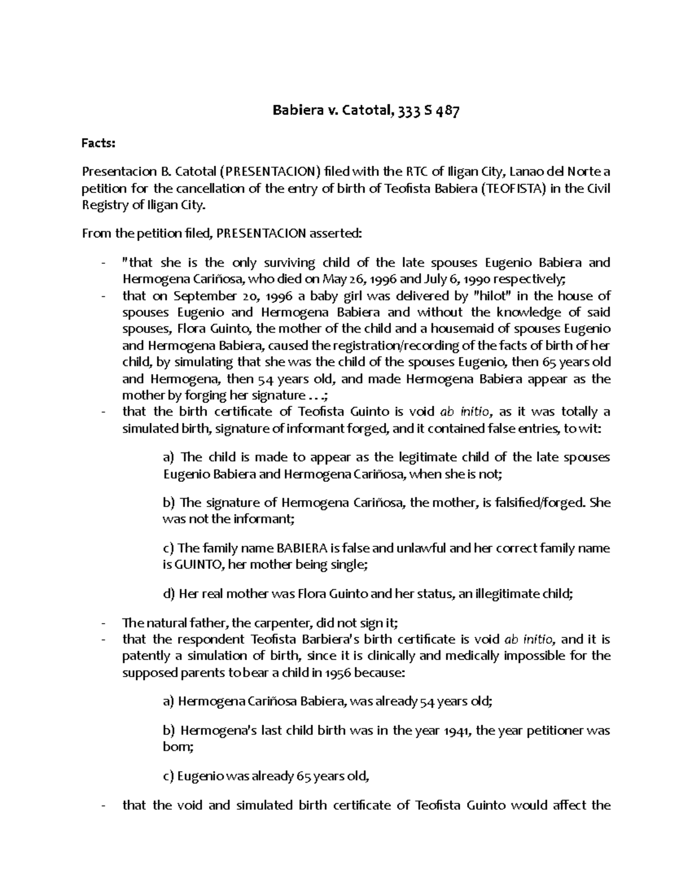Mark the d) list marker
170,594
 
